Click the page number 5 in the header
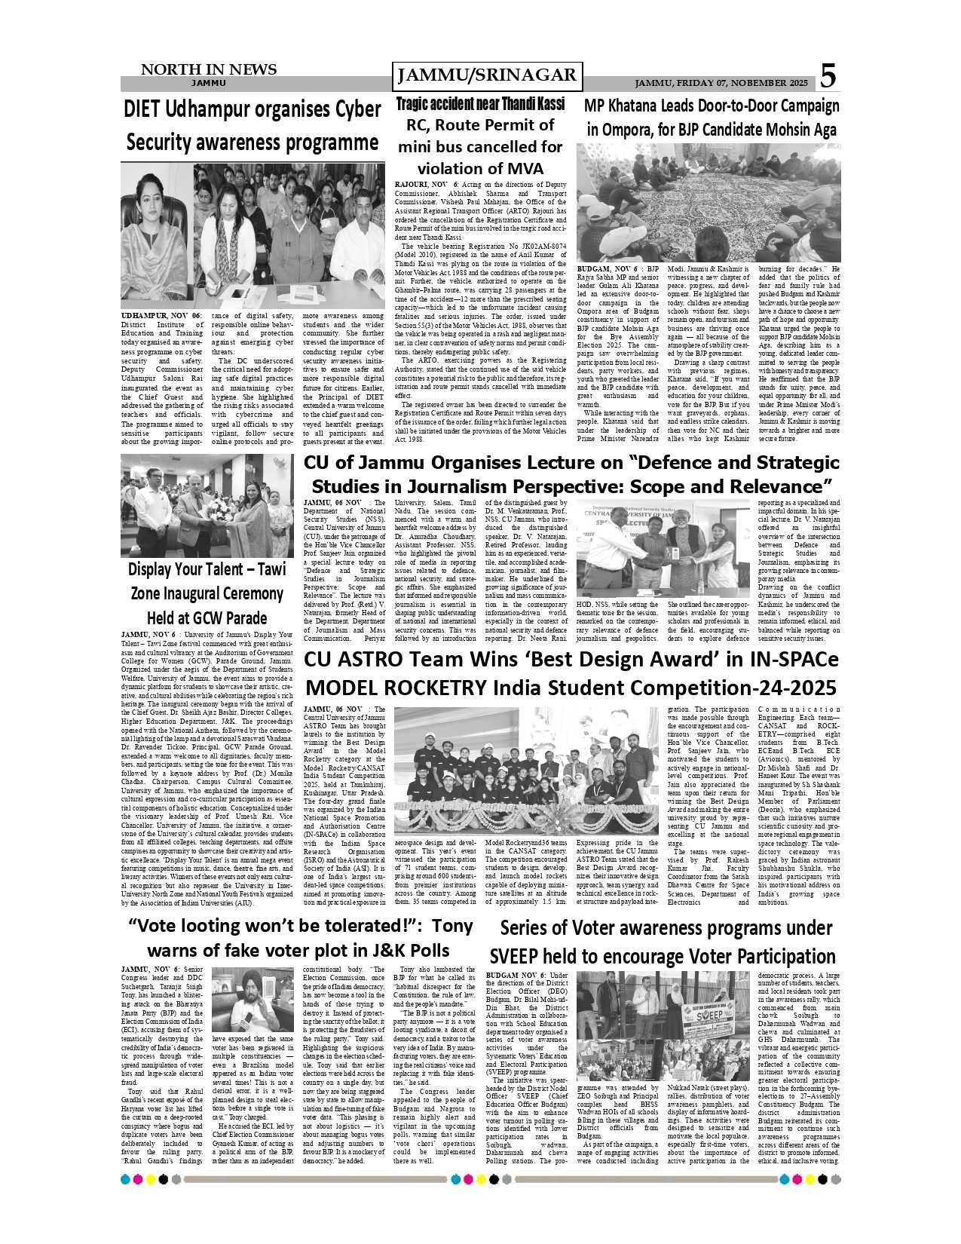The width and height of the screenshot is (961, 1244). (x=828, y=75)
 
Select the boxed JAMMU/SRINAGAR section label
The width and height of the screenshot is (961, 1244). (x=487, y=75)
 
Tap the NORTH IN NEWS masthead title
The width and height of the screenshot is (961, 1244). (x=209, y=69)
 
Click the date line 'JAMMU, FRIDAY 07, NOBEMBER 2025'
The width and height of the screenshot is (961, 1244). (x=721, y=83)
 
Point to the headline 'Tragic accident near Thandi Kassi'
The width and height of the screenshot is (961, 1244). (x=480, y=103)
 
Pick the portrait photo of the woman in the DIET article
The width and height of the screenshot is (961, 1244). (x=157, y=235)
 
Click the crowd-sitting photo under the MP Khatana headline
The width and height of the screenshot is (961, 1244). (x=709, y=203)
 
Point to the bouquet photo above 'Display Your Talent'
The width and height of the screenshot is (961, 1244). (x=207, y=505)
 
